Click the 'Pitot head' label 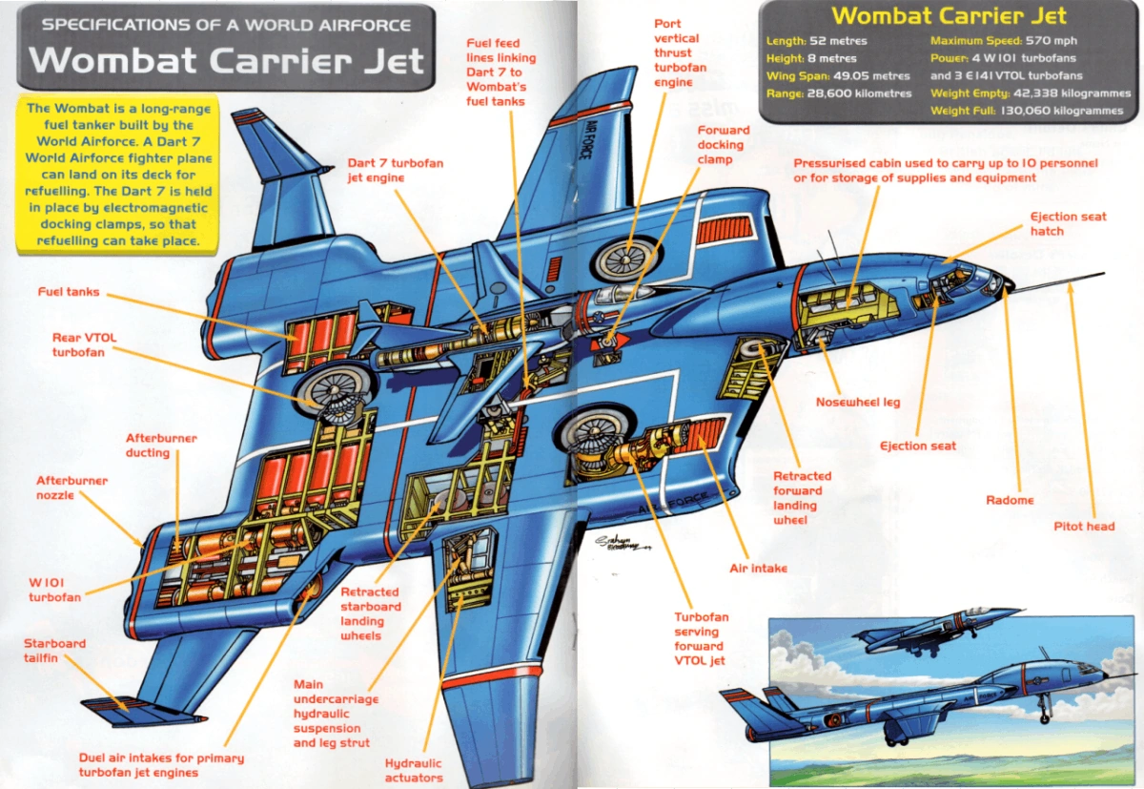(1084, 526)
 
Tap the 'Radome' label (1010, 500)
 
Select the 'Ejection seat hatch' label (1068, 223)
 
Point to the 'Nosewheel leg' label (857, 403)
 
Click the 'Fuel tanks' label (69, 291)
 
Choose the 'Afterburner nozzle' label (71, 488)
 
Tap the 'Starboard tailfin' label (54, 651)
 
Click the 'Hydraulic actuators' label (413, 770)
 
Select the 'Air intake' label (758, 569)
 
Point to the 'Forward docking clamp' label (724, 144)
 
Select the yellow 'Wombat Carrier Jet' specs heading (949, 15)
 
